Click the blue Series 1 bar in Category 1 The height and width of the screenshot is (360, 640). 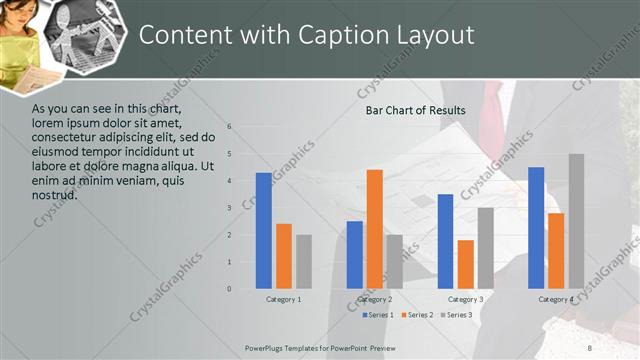tap(264, 231)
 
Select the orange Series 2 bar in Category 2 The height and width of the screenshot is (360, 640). tap(375, 229)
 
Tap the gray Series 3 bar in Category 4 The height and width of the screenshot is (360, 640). tap(576, 221)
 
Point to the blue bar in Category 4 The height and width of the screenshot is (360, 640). tap(536, 228)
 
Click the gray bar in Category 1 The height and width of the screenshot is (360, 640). tap(304, 262)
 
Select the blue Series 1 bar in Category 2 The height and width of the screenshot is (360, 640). tap(355, 255)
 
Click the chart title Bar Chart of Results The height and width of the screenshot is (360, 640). tap(415, 109)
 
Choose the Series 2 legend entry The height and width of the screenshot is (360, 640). tap(416, 315)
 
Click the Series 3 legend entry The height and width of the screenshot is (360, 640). tap(457, 315)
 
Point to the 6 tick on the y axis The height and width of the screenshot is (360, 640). tap(229, 127)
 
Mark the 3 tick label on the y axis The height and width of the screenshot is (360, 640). tap(229, 208)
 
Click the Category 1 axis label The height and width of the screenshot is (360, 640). tap(284, 299)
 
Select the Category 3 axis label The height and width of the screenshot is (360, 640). tap(466, 299)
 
